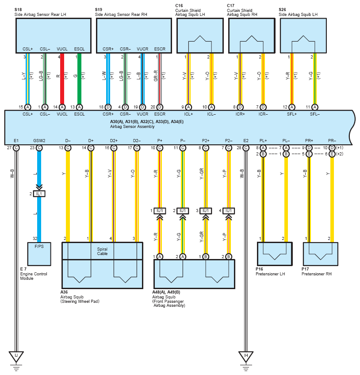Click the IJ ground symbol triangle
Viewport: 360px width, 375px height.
[x=16, y=356]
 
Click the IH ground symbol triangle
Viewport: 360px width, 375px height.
[x=246, y=356]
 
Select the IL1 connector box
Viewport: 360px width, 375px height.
[x=39, y=194]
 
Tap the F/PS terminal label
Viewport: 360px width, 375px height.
[x=39, y=246]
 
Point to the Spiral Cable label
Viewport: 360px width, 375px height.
[x=102, y=251]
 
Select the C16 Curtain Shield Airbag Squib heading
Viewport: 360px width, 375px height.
[x=190, y=10]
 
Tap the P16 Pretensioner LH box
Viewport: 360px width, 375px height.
[x=275, y=254]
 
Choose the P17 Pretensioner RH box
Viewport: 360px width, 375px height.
[x=321, y=254]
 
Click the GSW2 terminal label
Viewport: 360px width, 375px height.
[x=39, y=141]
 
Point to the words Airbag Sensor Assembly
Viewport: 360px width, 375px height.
[x=132, y=127]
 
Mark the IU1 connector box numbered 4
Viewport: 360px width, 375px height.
[x=229, y=211]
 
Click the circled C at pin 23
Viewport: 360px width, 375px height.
[x=39, y=148]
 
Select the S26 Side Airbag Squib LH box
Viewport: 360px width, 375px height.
[x=303, y=35]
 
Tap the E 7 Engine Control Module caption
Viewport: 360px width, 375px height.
[x=34, y=274]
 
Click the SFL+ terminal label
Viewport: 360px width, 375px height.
[x=292, y=114]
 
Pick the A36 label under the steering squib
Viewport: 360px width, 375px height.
[x=64, y=292]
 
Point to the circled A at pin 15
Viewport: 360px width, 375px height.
[x=28, y=107]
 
